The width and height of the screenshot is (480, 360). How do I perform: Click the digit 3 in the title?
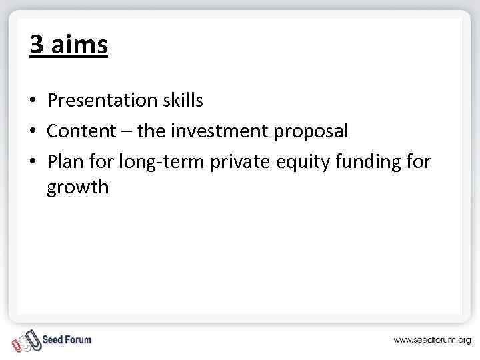(x=37, y=45)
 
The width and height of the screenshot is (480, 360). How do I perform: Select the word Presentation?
(x=100, y=101)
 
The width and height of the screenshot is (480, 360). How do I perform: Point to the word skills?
(x=181, y=101)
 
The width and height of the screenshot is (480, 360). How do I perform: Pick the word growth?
(x=77, y=188)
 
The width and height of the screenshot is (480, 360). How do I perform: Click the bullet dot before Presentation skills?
(x=32, y=101)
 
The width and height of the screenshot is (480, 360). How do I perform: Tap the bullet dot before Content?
(x=32, y=132)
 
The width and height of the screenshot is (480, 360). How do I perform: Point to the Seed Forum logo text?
(x=67, y=340)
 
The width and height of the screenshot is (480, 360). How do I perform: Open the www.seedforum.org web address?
(x=431, y=340)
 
